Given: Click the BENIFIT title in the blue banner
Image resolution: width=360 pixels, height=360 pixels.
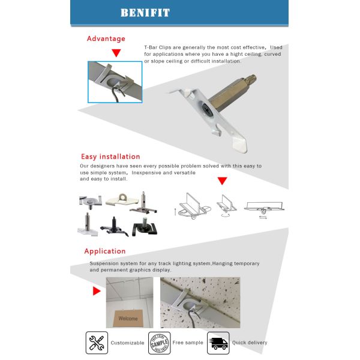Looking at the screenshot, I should pos(145,13).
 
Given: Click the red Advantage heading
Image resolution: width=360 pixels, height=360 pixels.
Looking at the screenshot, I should pos(106,38).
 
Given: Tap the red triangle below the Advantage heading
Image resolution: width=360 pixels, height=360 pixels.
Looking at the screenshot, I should pos(116,53).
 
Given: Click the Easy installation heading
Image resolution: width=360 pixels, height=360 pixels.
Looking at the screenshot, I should pos(110,157).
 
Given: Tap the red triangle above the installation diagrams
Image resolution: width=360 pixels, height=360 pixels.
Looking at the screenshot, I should pos(222,181).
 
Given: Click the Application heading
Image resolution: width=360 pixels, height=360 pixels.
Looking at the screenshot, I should pos(104,251).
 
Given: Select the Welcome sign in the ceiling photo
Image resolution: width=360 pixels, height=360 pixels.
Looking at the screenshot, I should pos(128,318).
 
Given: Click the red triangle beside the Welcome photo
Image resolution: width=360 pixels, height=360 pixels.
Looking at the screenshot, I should pos(95,292).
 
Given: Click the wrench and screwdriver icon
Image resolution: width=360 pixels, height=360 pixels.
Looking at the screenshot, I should pos(97,343).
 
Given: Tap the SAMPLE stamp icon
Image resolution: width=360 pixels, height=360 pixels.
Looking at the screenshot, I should pos(159,343).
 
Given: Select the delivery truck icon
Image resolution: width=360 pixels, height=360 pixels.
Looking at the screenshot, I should pos(218,343).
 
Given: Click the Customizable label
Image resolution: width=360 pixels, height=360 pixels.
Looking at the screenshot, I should pos(128,343).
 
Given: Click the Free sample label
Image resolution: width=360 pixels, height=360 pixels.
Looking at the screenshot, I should pos(188,343).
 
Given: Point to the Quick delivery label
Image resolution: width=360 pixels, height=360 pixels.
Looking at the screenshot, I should pos(250,343).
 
